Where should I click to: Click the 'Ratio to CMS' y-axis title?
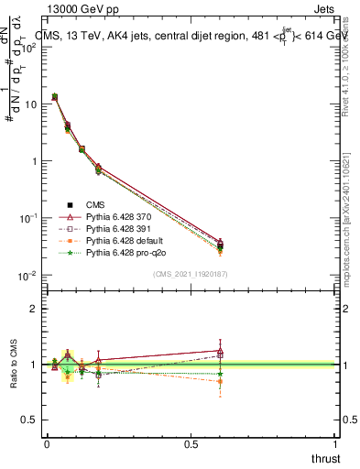coord(12,363)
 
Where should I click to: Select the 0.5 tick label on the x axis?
coord(191,443)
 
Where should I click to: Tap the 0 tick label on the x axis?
coord(47,443)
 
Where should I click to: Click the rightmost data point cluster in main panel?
coord(220,245)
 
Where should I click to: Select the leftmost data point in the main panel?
coord(54,96)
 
